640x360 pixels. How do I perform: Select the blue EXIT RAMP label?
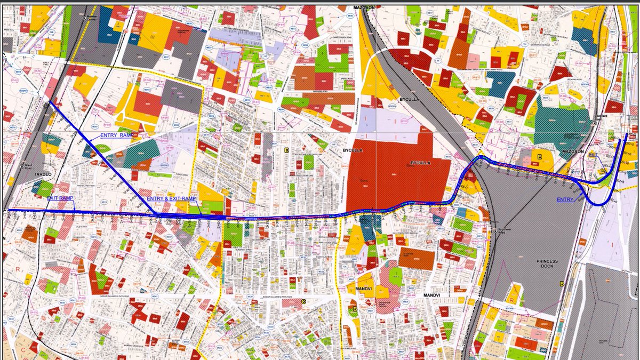coord(60,198)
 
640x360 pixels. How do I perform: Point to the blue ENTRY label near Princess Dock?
coord(566,199)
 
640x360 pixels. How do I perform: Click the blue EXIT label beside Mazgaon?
coord(593,155)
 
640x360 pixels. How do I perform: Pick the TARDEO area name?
coord(28,173)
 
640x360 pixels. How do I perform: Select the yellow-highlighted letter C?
coord(303,301)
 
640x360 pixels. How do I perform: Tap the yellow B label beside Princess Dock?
coord(561,284)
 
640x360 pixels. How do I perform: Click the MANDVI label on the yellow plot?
coord(363,290)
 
